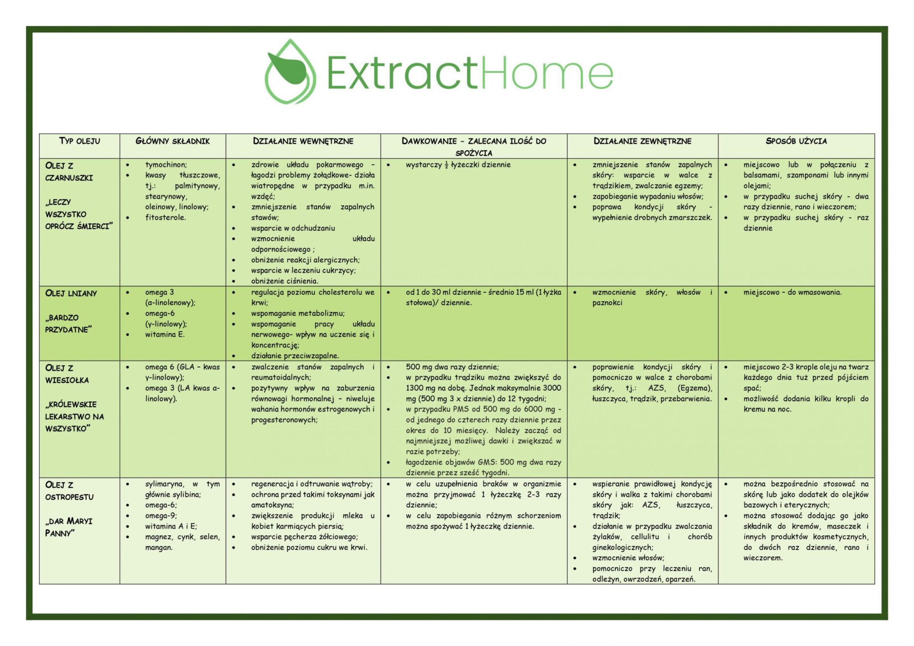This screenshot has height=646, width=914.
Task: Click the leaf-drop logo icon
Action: pos(290,72)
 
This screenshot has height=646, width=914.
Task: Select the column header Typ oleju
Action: pos(80,141)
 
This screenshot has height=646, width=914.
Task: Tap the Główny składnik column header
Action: pos(173,141)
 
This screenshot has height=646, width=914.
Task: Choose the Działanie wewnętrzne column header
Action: pos(303,141)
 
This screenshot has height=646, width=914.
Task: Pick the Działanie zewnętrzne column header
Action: pos(642,141)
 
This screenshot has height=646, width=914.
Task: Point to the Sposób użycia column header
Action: pos(796,141)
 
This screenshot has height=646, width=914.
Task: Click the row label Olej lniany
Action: pos(71,294)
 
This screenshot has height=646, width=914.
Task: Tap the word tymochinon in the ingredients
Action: pos(166,165)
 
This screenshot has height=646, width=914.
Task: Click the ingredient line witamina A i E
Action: pos(171,526)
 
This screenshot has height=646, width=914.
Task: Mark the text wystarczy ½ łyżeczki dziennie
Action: pos(458,165)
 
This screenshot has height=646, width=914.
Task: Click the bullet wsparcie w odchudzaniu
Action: pos(293,228)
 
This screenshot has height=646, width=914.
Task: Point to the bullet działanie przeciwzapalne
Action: pos(295,356)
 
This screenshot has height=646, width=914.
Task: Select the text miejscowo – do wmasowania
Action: pos(793,293)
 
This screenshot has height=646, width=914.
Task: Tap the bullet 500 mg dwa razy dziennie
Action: pos(453,367)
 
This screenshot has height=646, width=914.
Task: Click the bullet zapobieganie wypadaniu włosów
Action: pos(648,197)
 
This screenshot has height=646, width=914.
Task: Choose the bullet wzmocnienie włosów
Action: pos(628,558)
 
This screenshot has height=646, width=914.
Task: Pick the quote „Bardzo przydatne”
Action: pos(68,324)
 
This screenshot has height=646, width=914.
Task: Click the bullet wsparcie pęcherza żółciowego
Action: pos(304,537)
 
